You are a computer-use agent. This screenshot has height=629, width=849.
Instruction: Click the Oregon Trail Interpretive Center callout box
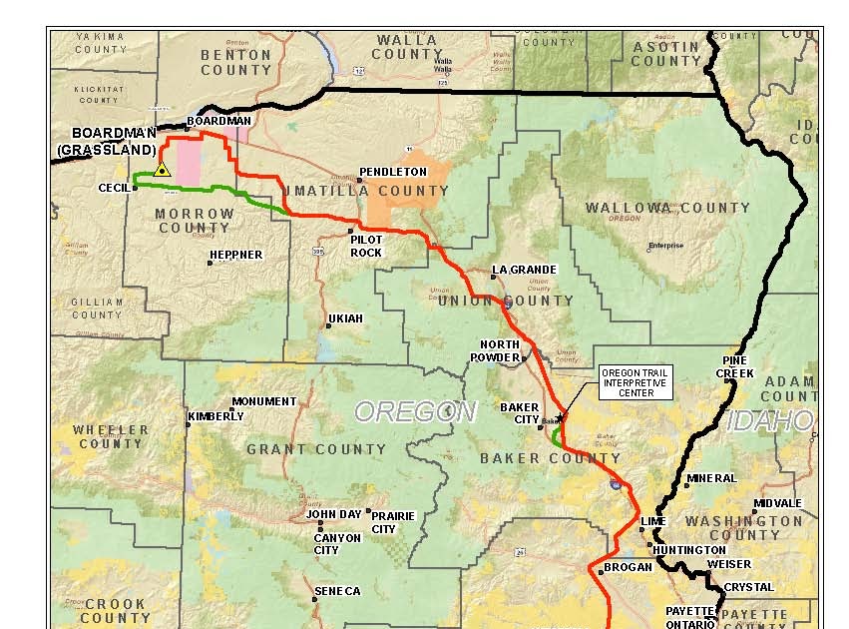636,382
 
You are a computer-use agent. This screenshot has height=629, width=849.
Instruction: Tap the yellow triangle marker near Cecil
162,171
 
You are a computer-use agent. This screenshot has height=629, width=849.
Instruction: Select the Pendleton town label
393,172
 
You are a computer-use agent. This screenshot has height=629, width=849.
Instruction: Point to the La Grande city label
525,271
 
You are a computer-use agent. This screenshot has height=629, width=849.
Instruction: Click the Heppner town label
236,255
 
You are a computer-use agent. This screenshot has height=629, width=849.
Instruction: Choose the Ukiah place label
345,318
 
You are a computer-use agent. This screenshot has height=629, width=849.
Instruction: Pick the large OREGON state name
415,411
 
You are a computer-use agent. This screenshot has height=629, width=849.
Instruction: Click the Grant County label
315,449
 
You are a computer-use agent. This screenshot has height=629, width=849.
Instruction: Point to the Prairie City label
392,522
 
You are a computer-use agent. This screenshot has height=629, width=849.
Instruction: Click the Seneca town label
338,591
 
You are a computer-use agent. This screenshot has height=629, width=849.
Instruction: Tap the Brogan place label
628,567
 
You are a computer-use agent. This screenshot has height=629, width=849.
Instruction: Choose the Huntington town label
689,550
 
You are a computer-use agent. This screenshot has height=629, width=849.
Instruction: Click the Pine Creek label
735,366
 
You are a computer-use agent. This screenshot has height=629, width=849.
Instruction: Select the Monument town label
264,401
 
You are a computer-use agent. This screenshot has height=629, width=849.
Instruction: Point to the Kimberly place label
215,416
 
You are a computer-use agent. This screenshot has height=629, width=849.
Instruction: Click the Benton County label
235,62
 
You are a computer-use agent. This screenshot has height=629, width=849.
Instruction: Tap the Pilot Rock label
366,246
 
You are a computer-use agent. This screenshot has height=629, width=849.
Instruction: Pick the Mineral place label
712,478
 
